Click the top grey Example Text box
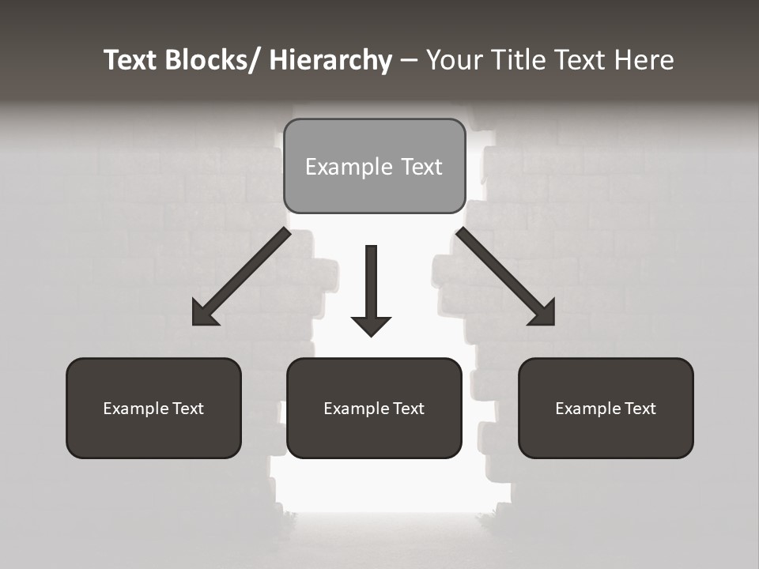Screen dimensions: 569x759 pos(374,166)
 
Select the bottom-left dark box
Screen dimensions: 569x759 pos(153,408)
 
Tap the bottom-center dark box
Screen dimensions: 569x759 pos(374,408)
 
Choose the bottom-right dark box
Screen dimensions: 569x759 pos(606,408)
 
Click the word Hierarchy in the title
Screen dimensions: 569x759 pos(330,60)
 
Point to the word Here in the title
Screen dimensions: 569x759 pos(644,60)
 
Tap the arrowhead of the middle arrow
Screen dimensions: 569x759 pos(372,325)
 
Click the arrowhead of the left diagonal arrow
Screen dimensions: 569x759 pos(203,315)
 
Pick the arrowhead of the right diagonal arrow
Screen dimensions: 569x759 pos(543,314)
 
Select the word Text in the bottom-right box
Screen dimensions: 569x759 pos(640,408)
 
